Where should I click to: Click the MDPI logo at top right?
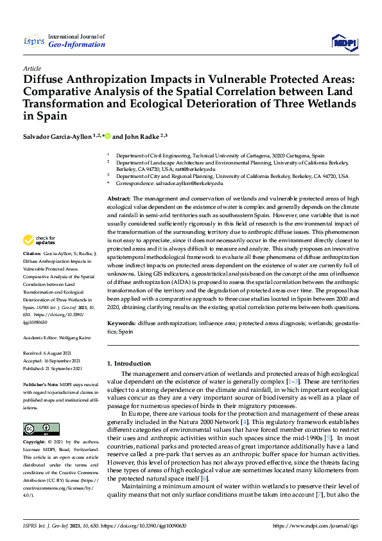coord(345,42)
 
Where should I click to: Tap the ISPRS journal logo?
coord(33,42)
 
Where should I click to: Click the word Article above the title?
coord(31,68)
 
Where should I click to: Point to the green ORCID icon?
coord(108,136)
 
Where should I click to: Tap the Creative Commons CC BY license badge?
coord(37,429)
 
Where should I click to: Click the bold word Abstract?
coord(118,200)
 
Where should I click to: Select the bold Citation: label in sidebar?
coord(33,272)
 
